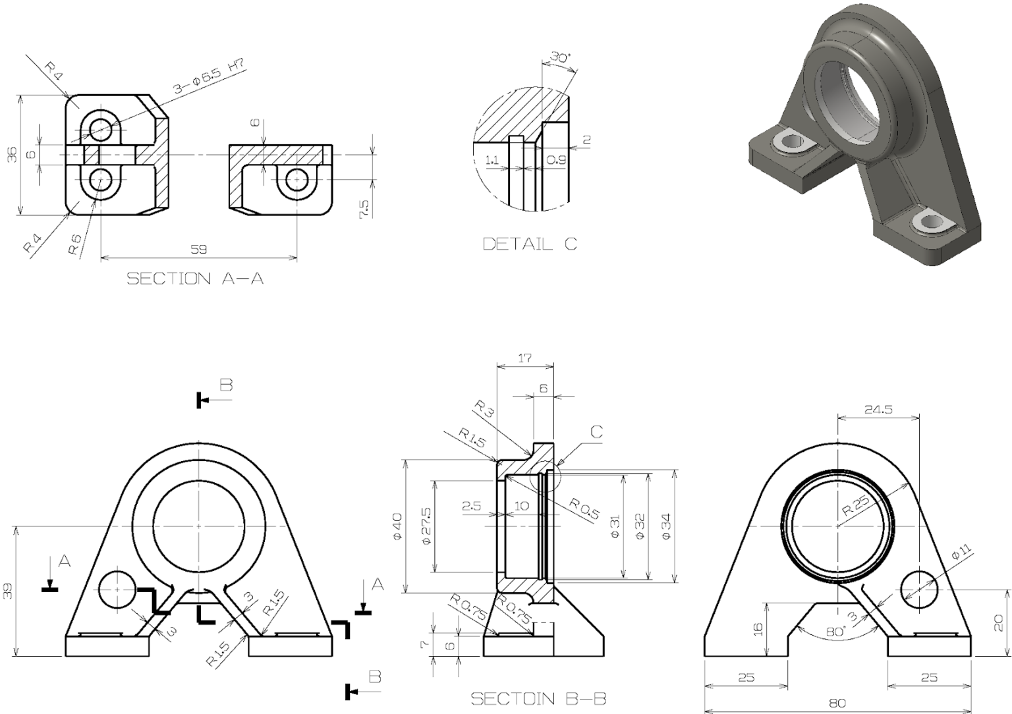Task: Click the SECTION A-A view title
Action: click(x=195, y=279)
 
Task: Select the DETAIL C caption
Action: click(x=530, y=244)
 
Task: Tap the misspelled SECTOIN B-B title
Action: click(x=538, y=699)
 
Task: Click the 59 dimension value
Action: click(x=198, y=250)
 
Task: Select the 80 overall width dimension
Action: click(x=837, y=703)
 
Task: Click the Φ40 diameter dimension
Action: click(x=397, y=527)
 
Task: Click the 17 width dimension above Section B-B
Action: click(x=525, y=359)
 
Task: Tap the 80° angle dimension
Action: click(x=835, y=631)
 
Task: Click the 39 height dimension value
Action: click(x=7, y=591)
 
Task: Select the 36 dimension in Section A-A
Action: click(x=12, y=155)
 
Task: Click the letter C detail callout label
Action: click(x=596, y=432)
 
